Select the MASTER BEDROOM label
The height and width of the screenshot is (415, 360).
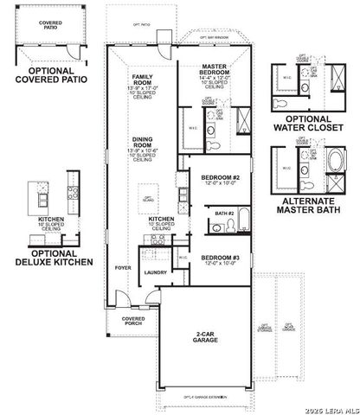214,69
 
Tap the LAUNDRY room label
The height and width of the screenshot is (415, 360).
156,272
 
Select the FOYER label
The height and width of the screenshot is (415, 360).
122,269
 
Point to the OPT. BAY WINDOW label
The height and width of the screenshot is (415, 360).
213,38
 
